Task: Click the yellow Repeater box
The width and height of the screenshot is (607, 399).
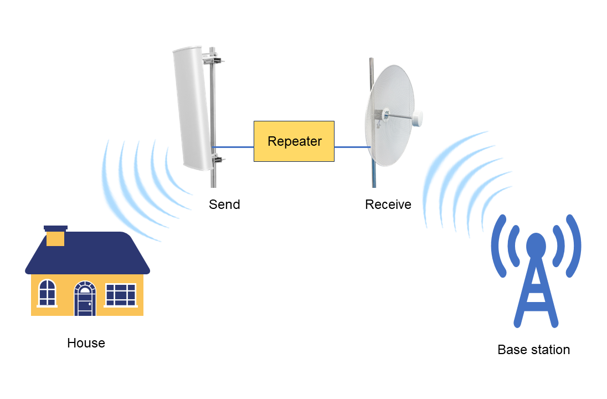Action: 294,141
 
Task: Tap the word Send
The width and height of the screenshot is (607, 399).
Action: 224,204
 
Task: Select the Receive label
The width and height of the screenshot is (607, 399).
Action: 388,204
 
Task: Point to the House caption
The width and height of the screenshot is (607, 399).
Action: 86,343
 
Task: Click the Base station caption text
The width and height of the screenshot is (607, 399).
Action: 533,350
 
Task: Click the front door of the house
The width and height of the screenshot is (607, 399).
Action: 85,301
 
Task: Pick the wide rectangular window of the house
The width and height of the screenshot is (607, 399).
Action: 120,294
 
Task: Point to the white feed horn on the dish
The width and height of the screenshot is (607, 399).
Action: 417,118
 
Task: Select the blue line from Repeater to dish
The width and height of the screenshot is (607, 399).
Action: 352,147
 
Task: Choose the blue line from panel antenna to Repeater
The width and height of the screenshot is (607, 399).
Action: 233,147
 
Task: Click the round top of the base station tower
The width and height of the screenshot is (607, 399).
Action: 536,244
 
